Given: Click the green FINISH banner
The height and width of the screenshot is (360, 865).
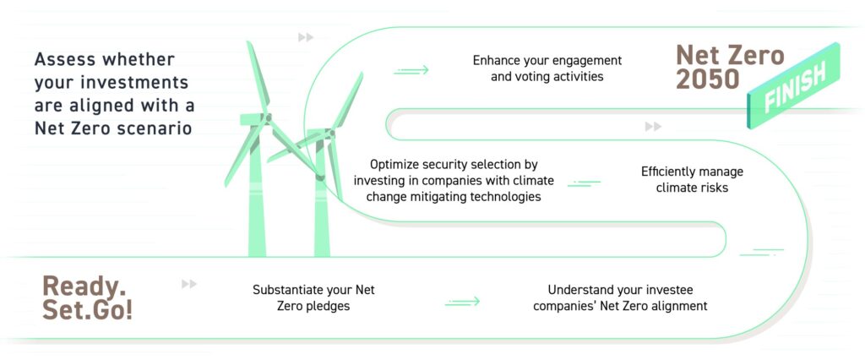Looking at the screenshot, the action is click(x=794, y=85).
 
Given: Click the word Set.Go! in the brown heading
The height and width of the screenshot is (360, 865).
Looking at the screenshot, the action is click(x=87, y=310).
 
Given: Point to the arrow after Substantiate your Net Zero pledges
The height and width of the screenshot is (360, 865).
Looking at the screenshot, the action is click(x=462, y=302).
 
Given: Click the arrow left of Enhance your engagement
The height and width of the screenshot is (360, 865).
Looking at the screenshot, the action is click(x=411, y=70).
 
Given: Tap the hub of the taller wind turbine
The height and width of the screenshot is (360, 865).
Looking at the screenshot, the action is click(x=268, y=117).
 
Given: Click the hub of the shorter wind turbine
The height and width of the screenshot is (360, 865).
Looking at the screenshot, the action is click(x=329, y=133).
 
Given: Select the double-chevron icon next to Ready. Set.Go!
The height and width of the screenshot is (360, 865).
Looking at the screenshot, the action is click(x=189, y=284).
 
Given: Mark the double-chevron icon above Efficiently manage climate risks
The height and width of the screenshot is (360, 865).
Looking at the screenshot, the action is click(x=653, y=127).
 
